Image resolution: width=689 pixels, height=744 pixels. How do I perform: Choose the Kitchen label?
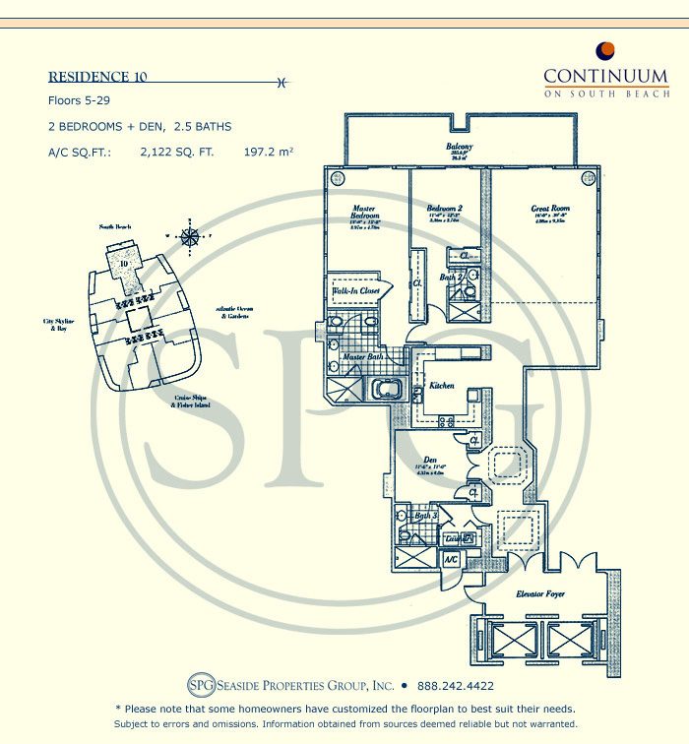(x=441, y=386)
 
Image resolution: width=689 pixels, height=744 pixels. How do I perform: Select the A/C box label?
(x=451, y=559)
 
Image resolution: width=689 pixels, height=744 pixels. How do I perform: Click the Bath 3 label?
(x=425, y=516)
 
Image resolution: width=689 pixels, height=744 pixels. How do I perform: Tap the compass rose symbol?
(x=190, y=235)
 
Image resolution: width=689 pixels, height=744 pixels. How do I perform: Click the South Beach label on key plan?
(x=116, y=227)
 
